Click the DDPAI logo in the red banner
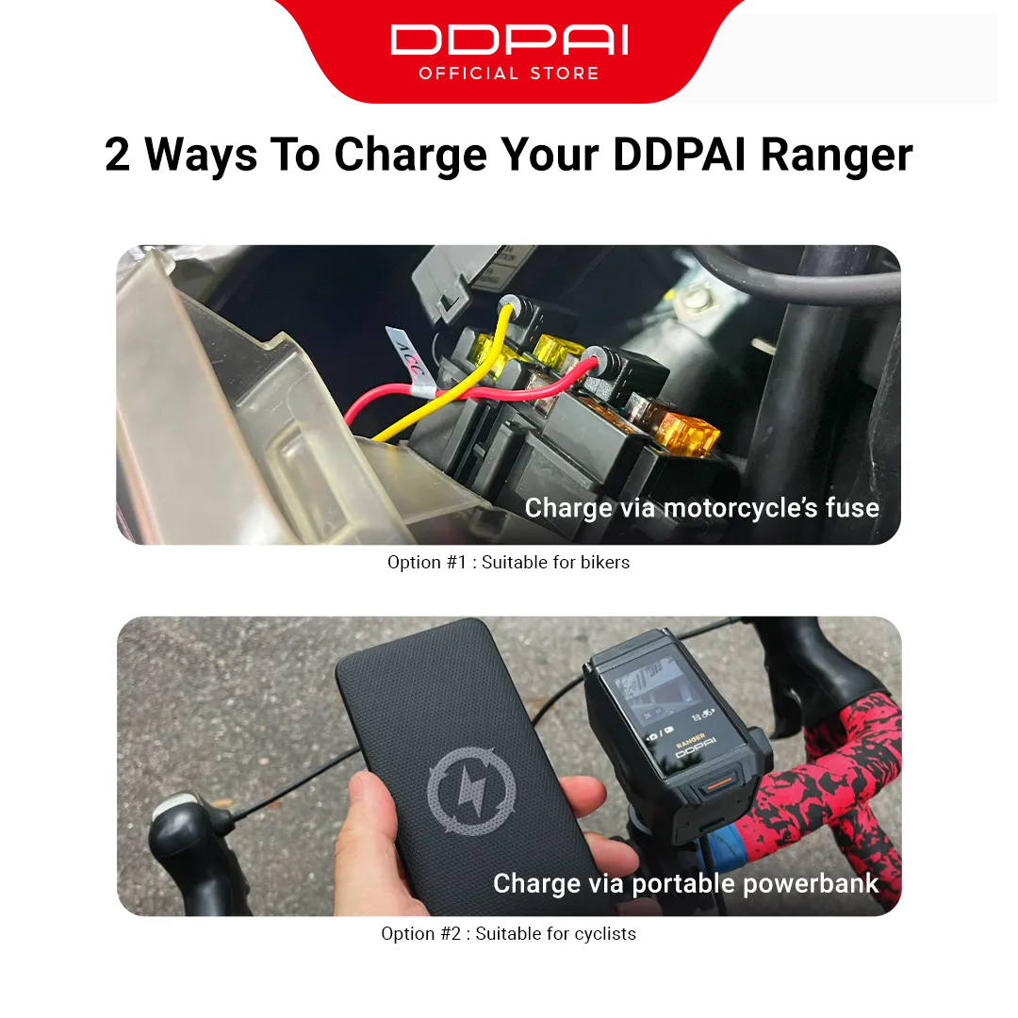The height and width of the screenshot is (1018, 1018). point(509,41)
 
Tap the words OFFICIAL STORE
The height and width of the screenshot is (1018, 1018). point(509,74)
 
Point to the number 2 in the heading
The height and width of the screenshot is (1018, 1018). point(118,155)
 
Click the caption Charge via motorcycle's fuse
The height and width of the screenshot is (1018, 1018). point(701,508)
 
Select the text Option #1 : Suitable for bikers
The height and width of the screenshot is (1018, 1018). point(508,563)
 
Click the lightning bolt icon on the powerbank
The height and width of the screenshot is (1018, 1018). point(471,791)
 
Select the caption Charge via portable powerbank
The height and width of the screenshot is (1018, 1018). point(685,883)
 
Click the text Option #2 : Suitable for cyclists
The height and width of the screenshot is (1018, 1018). point(508,934)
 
